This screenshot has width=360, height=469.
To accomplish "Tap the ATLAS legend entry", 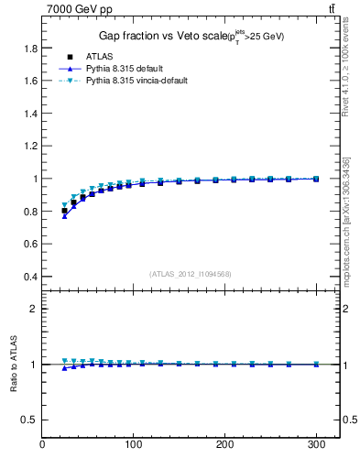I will pos(97,57).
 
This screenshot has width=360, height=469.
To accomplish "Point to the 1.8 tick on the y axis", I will pos(31,48).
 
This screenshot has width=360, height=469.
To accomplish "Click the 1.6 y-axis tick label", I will pos(31,81).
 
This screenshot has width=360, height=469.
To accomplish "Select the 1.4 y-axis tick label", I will pos(31,114).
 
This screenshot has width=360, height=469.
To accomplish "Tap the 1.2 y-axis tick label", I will pos(31,147).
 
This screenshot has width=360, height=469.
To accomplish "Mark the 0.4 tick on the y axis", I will pos(31,277).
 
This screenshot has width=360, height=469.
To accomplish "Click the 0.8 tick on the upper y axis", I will pos(31,212).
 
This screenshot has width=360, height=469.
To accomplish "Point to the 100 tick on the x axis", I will pos(133,445).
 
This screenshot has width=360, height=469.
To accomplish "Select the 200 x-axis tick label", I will pos(224,445).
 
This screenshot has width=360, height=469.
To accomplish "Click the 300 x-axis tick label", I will pos(316,445).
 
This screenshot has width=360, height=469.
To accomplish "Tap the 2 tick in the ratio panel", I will pos(35,310).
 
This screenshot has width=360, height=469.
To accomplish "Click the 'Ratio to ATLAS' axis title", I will pos(13,364).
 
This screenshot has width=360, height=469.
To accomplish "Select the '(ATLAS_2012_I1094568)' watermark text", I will pos(191,273).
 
